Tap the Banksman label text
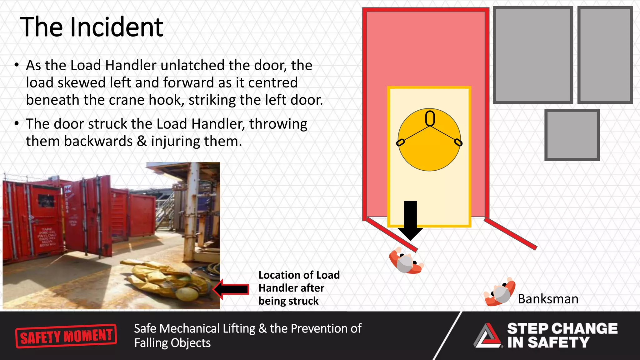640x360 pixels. point(548,299)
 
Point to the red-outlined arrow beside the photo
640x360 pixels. point(231,289)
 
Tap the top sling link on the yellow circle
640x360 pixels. point(430,118)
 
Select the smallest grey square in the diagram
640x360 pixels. point(572,135)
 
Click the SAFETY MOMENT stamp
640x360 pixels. point(66,336)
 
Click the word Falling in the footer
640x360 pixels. point(148,343)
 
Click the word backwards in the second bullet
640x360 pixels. point(98,141)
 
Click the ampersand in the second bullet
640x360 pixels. point(142,141)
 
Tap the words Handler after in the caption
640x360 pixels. point(291,288)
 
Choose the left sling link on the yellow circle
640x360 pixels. point(400,142)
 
